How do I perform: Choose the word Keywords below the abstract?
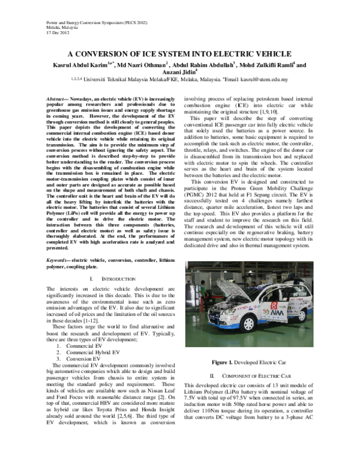coord(59,259)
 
